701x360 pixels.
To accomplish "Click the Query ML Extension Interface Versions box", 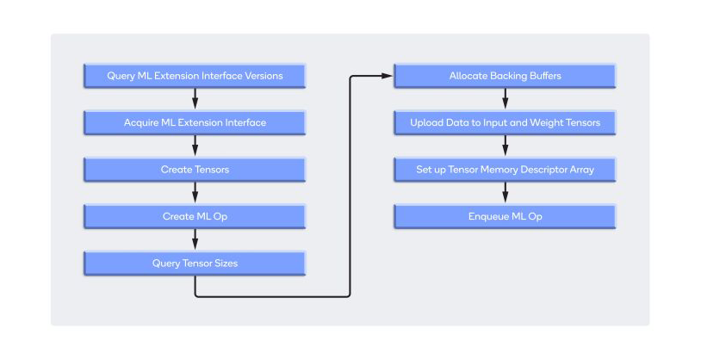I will (195, 76).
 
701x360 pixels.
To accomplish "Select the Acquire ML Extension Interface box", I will (195, 122).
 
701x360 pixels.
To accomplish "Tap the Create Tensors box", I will (195, 170).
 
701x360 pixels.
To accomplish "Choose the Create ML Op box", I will (195, 216).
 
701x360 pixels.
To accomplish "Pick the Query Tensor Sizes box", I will (195, 263).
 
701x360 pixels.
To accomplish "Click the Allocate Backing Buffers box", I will (505, 76).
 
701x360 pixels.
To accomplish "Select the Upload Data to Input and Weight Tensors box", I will (505, 122).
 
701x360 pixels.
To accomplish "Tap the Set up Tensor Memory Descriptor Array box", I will (505, 170).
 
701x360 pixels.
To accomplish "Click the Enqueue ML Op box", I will (505, 216).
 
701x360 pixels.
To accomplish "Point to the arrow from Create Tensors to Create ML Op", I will (195, 193).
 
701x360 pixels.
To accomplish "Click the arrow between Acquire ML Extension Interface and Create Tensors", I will (195, 146).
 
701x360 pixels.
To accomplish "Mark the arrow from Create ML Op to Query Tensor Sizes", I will (195, 239).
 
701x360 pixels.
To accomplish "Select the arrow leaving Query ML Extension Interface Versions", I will (195, 99).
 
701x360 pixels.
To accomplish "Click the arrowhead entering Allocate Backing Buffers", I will (388, 77).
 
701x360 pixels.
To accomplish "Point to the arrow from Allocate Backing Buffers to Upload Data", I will (505, 99).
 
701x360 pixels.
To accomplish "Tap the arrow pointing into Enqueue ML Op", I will (505, 193).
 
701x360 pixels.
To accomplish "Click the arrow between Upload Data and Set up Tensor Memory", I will (505, 146).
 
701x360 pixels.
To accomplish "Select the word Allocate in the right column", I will (468, 76).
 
